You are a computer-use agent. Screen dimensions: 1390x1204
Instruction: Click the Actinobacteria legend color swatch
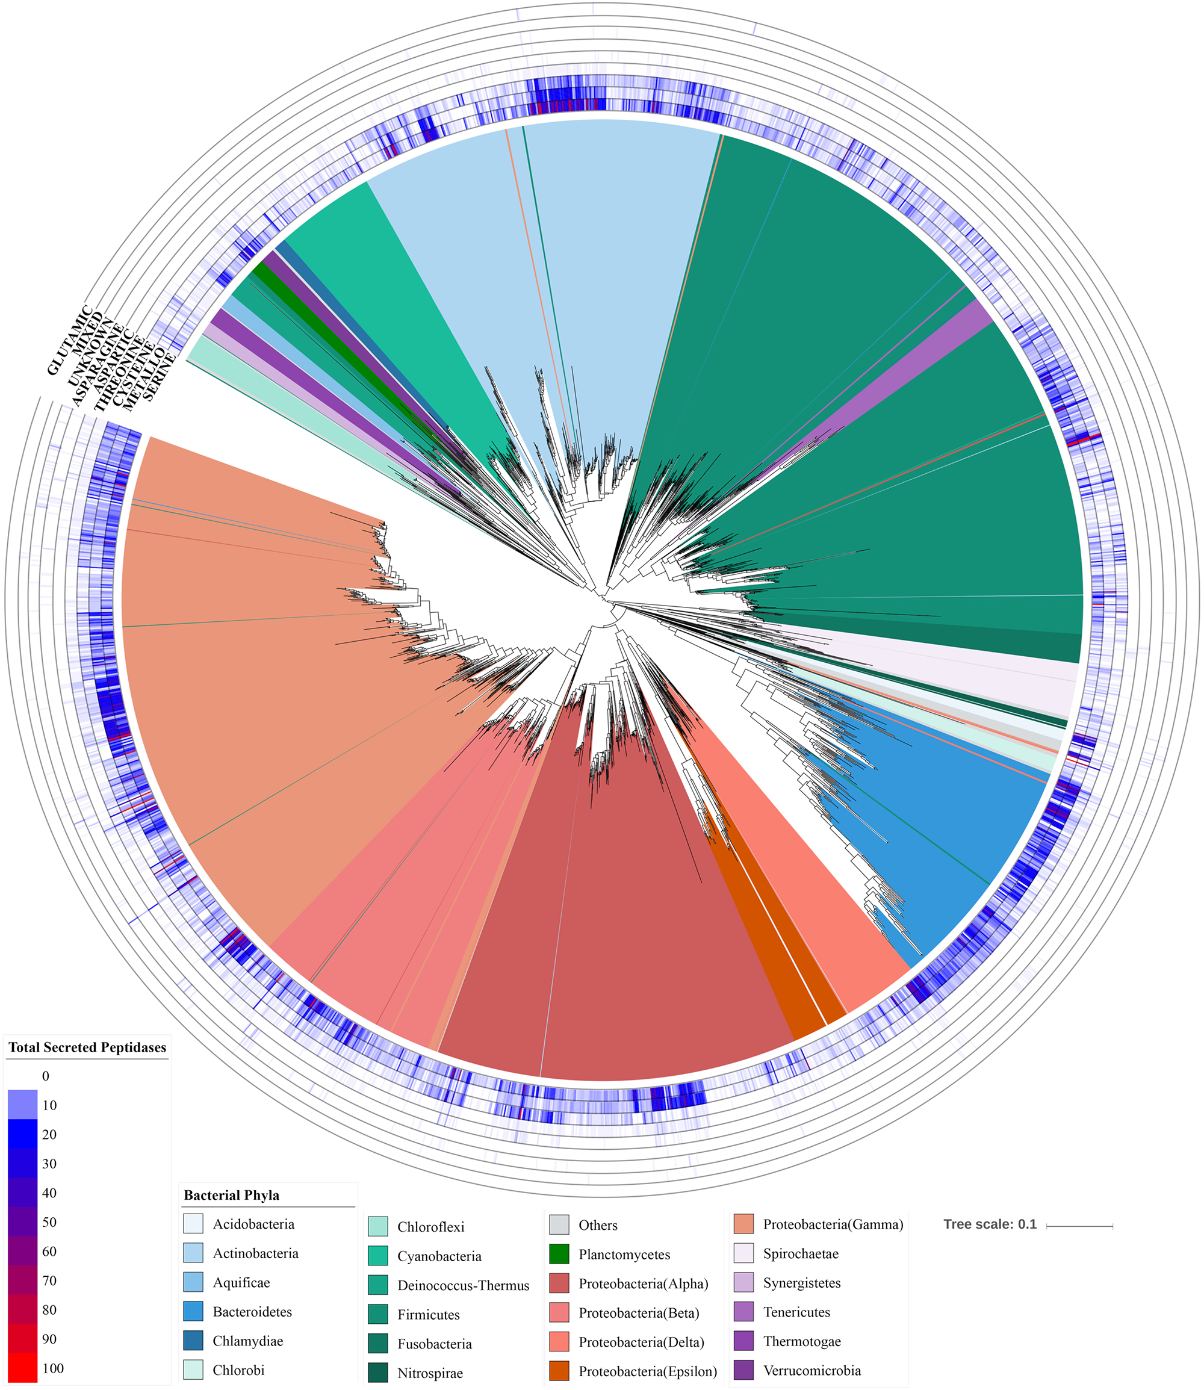point(193,1253)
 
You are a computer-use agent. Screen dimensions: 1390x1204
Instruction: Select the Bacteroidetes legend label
point(252,1311)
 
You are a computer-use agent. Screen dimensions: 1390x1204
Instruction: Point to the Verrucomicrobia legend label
point(811,1371)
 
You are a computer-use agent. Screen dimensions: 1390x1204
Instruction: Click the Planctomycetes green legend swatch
point(559,1253)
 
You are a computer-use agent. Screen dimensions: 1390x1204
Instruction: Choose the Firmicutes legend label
point(429,1315)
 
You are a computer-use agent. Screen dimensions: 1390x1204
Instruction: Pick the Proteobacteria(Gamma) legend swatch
point(743,1224)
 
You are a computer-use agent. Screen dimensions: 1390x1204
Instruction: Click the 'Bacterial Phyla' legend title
point(231,1195)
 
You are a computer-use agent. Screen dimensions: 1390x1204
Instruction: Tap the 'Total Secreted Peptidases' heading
point(87,1047)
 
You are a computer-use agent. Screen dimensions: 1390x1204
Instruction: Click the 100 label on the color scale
point(52,1368)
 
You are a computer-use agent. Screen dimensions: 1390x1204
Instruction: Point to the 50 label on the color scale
point(49,1222)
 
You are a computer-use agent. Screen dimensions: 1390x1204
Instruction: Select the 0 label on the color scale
point(46,1076)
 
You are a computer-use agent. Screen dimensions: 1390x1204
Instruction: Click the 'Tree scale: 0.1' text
point(990,1224)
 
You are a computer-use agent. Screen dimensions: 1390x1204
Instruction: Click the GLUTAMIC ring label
point(70,340)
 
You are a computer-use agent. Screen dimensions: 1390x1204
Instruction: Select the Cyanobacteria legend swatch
point(377,1256)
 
